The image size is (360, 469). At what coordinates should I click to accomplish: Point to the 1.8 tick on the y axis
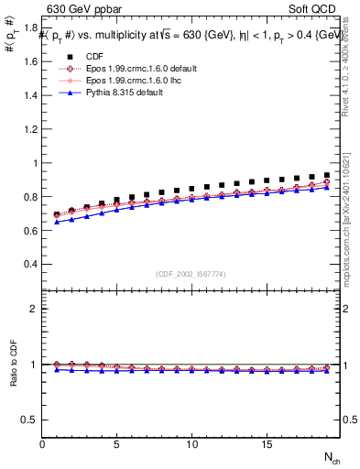point(29,27)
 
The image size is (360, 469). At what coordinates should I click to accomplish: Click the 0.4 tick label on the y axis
point(29,264)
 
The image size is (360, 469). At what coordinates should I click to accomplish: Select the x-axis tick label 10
point(191,444)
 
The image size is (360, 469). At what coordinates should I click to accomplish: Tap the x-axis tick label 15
point(266,444)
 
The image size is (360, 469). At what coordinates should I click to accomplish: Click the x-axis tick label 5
point(117,444)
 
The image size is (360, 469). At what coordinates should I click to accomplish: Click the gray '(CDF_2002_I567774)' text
point(191,275)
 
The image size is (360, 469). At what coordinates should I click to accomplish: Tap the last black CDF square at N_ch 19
point(326,175)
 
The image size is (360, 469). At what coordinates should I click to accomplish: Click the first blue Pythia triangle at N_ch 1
point(58,223)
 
